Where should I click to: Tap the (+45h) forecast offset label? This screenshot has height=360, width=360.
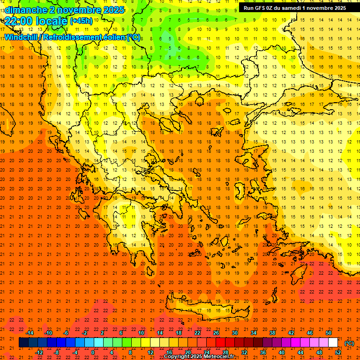(81, 21)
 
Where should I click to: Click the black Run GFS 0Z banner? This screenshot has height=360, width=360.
(295, 8)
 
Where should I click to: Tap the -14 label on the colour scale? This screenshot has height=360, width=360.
(30, 333)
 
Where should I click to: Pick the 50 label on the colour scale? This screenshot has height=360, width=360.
(328, 333)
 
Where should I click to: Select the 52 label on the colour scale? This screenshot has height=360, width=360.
(338, 352)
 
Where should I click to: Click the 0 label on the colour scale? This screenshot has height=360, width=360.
(93, 352)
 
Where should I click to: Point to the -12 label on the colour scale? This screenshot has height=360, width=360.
(39, 352)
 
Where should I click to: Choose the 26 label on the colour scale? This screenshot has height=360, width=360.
(216, 333)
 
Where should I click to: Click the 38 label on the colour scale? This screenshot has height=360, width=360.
(272, 333)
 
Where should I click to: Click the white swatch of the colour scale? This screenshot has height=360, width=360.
(333, 343)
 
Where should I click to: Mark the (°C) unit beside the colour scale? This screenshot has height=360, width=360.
(349, 343)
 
